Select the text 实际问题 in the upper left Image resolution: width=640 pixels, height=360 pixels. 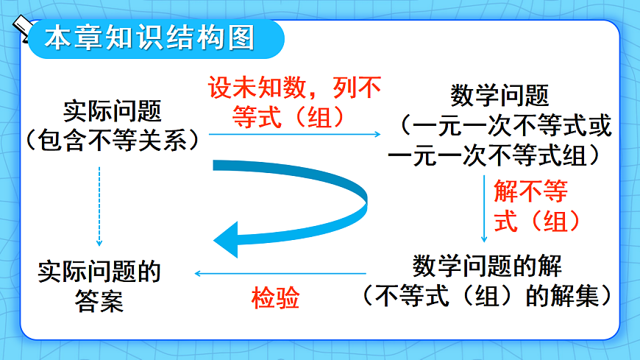click(112, 112)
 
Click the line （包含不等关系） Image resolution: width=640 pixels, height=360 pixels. click(112, 138)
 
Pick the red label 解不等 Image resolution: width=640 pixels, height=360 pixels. click(530, 193)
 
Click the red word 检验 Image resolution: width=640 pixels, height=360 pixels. click(276, 298)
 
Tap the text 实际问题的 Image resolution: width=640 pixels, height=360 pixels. click(99, 272)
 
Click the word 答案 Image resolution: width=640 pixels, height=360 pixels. click(99, 302)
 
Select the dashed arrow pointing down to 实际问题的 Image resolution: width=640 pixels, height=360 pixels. click(99, 206)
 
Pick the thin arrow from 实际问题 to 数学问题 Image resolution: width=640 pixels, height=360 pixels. click(294, 135)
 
